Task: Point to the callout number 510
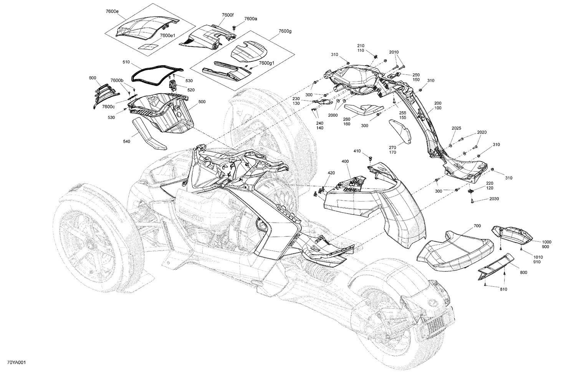(126, 62)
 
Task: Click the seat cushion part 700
(455, 249)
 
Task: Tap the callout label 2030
(494, 199)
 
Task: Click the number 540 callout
(126, 142)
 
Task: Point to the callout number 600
(93, 78)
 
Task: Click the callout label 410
(357, 151)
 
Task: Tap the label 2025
(456, 128)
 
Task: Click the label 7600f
(227, 15)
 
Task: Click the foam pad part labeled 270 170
(400, 132)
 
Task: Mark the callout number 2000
(333, 115)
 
